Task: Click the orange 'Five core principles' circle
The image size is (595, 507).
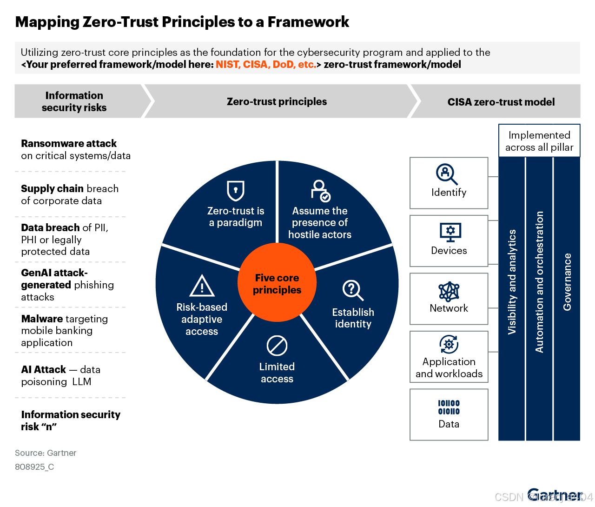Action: pos(277,283)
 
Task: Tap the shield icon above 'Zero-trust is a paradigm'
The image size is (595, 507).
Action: pos(236,190)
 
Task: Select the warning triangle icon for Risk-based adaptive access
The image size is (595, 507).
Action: pos(202,286)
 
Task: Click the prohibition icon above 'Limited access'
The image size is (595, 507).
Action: pos(277,346)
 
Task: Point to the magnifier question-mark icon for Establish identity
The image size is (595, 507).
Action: pos(353,290)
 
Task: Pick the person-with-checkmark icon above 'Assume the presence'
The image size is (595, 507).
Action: pos(320,190)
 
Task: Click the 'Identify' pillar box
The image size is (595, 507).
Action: pos(449,183)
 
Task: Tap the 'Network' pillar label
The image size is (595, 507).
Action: pos(449,308)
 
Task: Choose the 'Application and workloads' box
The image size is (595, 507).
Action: pos(449,357)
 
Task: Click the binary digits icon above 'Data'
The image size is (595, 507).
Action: pos(449,407)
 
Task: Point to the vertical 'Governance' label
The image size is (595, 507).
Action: pos(567,282)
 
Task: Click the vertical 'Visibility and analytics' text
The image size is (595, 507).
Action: pos(512,282)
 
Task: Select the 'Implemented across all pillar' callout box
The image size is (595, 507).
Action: pos(539,141)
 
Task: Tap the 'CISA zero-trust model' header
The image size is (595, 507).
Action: pos(501,102)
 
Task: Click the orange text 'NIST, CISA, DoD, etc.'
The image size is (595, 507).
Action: pos(265,65)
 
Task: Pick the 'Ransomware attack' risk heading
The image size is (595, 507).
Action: pos(69,143)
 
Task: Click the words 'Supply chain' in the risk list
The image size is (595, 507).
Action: pos(52,188)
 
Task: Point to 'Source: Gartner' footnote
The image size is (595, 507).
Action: pos(46,453)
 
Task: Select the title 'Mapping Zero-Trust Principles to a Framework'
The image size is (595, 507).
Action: pos(182,22)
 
